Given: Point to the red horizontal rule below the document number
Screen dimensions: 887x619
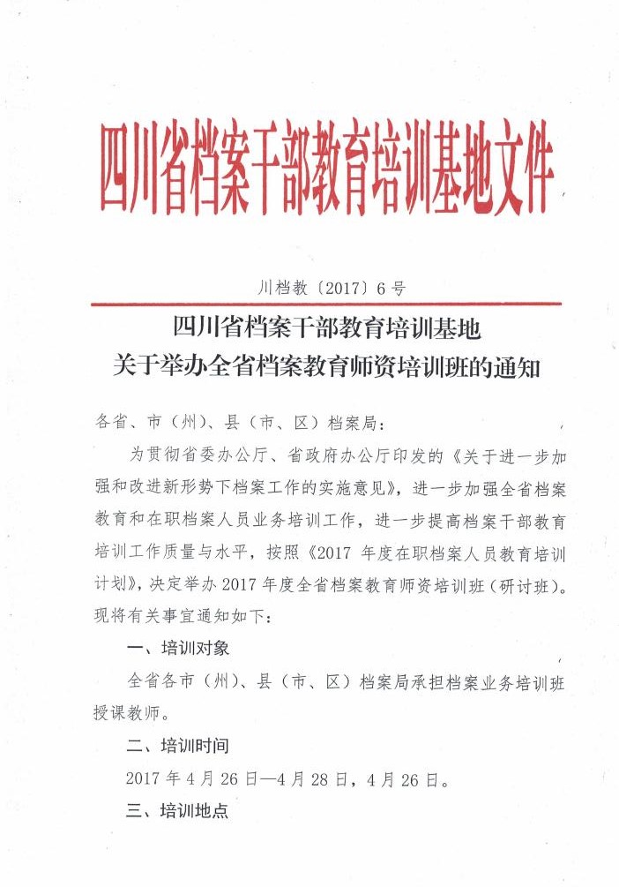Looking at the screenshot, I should (x=326, y=304).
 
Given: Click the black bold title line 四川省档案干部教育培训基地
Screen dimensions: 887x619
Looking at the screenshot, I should (x=326, y=329).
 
